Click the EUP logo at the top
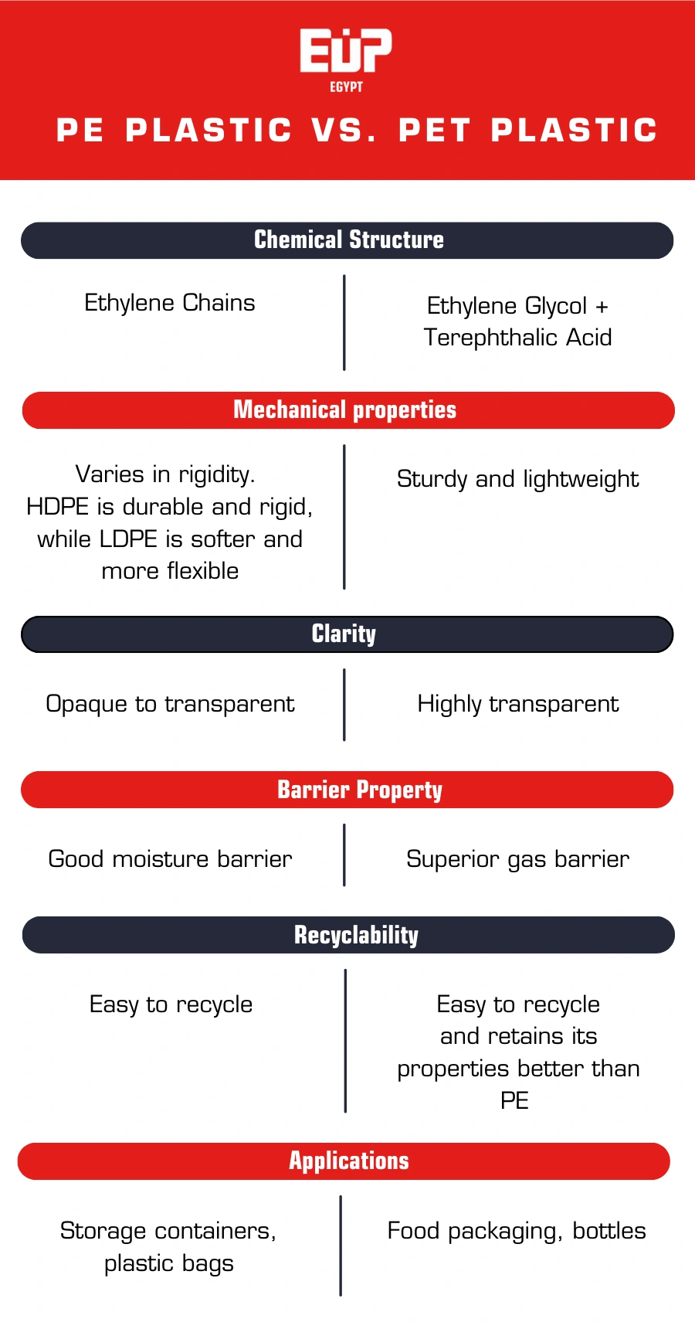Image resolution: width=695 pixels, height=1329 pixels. tap(346, 51)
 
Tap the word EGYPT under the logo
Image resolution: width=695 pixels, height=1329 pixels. tap(346, 87)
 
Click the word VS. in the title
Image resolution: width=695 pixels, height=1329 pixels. tap(344, 130)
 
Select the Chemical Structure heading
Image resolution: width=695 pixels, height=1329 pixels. tap(348, 240)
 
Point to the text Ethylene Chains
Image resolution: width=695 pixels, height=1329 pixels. tap(169, 303)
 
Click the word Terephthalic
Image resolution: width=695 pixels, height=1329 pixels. tap(490, 338)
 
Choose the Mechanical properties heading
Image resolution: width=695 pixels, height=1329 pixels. tap(344, 410)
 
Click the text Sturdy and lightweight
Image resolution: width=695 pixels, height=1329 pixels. tap(517, 479)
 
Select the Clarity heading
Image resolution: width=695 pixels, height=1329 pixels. tap(344, 634)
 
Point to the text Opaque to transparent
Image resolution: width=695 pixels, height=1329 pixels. tap(170, 704)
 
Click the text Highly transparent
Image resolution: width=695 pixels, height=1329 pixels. tap(517, 704)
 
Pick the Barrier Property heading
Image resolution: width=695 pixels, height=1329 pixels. tap(359, 790)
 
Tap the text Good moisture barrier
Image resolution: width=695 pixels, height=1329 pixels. tap(170, 859)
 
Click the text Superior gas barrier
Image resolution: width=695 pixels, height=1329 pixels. tap(517, 859)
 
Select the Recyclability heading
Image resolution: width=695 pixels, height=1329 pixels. tap(356, 935)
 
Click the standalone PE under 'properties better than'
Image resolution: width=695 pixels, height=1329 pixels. tap(514, 1100)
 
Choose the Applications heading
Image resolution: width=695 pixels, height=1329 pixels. tap(349, 1161)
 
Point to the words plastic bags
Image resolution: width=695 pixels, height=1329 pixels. tap(169, 1263)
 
